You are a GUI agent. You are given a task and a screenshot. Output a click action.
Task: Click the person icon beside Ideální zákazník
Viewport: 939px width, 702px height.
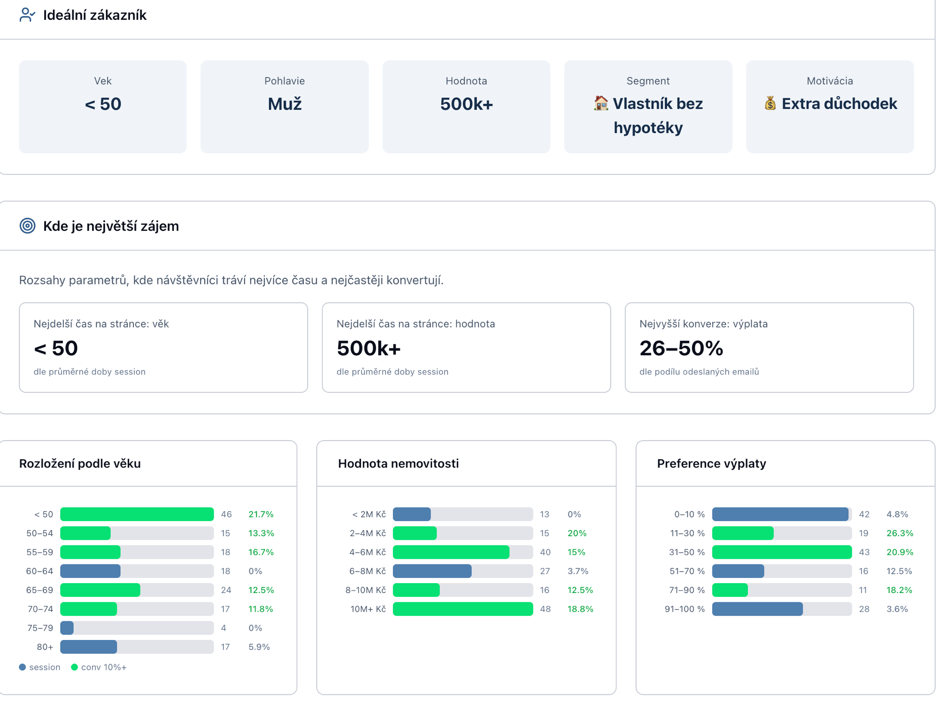[27, 15]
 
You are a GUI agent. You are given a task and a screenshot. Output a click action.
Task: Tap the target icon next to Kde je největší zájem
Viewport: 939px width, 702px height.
[27, 226]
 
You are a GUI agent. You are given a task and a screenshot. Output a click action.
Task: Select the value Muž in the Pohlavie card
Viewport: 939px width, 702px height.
[285, 104]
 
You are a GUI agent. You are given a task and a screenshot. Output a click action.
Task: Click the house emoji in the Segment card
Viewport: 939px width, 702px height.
[601, 103]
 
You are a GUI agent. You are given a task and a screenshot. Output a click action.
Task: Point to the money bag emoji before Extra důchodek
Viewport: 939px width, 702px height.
[770, 103]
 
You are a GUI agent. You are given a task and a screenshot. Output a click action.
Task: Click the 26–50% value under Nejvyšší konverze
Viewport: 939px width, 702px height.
[681, 348]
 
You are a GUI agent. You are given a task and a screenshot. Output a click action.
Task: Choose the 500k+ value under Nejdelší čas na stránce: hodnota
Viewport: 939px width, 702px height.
[369, 348]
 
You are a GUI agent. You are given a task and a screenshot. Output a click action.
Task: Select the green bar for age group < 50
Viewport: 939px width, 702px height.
[137, 514]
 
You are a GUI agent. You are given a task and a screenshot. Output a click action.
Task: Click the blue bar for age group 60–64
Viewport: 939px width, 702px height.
[90, 571]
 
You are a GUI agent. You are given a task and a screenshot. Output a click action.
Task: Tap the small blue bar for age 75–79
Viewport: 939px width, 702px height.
[67, 628]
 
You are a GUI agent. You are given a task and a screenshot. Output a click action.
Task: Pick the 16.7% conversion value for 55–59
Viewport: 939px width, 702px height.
[261, 552]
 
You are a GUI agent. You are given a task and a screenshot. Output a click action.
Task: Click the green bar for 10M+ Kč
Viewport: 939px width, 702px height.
[462, 609]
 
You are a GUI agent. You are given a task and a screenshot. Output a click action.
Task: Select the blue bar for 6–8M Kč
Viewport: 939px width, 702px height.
[432, 571]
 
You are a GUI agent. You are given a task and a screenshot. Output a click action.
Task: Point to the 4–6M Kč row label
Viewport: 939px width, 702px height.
[367, 552]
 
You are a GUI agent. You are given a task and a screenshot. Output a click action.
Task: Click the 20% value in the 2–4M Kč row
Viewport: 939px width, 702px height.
[577, 533]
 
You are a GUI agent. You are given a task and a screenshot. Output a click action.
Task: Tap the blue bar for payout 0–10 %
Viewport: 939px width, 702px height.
[780, 514]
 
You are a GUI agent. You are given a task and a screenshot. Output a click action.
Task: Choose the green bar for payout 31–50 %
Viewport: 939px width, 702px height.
[782, 552]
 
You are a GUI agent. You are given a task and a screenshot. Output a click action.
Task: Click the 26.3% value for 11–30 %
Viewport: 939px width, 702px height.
[900, 533]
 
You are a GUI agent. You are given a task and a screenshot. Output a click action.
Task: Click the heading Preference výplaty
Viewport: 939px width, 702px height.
[711, 463]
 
